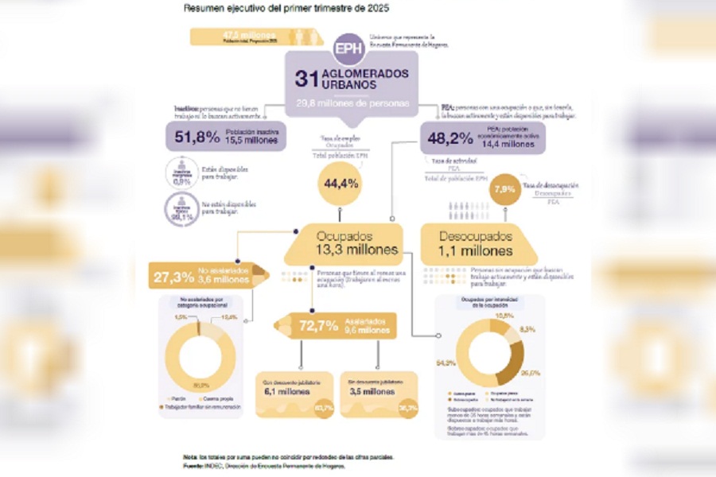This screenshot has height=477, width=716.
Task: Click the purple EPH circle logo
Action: [348, 49]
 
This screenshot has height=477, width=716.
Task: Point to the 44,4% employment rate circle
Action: [341, 184]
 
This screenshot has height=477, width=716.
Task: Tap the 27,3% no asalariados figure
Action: [173, 277]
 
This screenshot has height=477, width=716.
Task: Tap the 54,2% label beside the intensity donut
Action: [446, 363]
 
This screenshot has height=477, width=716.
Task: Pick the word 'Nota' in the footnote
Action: [189, 457]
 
